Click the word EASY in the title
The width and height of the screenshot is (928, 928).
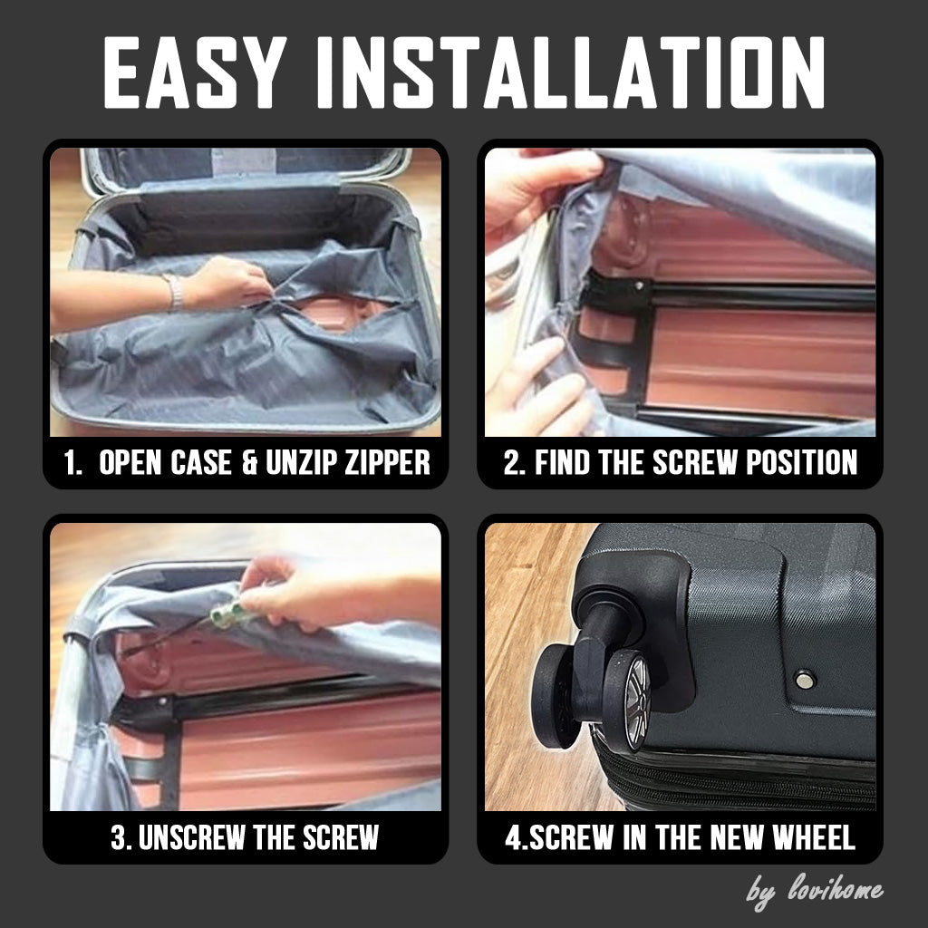tap(194, 72)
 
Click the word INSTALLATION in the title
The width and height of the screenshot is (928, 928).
tap(571, 72)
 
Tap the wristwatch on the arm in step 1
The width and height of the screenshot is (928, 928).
tap(174, 293)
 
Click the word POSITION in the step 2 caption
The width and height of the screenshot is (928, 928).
tap(801, 462)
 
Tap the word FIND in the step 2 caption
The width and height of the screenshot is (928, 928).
tap(562, 462)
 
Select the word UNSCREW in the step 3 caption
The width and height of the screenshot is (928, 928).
tap(191, 836)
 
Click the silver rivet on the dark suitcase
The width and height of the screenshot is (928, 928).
tap(805, 679)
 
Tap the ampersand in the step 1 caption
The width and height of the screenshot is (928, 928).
tap(249, 462)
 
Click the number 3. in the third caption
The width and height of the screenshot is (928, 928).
tap(121, 836)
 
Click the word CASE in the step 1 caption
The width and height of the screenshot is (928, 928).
tap(200, 462)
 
